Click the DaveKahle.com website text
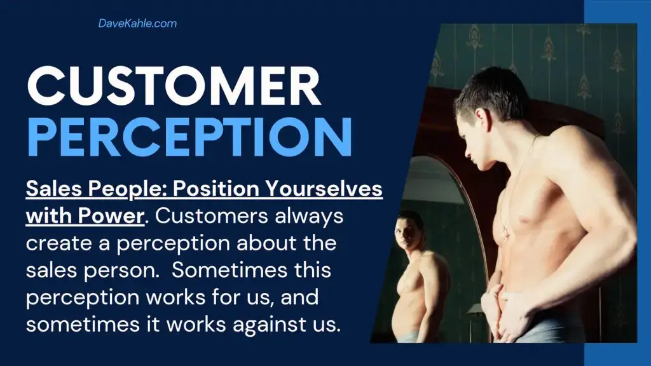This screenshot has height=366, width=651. pyautogui.click(x=137, y=24)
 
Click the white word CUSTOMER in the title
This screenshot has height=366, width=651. pyautogui.click(x=174, y=86)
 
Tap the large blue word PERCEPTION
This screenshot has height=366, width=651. pyautogui.click(x=189, y=137)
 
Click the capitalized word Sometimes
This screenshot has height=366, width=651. pyautogui.click(x=230, y=270)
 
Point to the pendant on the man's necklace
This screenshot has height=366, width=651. pyautogui.click(x=507, y=233)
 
